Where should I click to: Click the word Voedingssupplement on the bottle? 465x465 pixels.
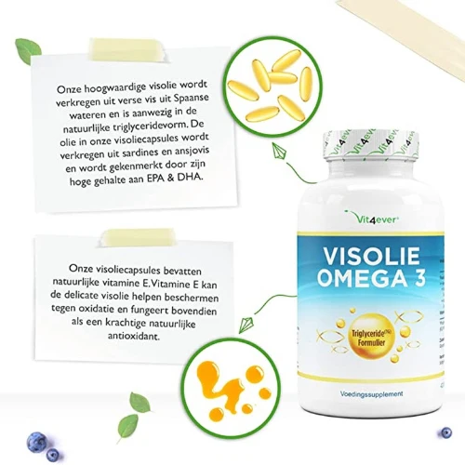(371, 394)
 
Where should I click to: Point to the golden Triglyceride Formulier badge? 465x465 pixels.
(368, 337)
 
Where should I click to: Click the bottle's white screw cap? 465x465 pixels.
(371, 146)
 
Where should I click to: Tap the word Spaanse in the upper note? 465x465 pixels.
(191, 99)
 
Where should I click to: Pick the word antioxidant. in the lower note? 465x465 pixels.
(134, 336)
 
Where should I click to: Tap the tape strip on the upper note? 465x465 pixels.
(128, 48)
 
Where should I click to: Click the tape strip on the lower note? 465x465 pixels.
(138, 237)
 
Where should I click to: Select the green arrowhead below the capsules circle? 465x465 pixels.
(279, 151)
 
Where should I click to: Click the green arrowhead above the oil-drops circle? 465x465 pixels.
(246, 324)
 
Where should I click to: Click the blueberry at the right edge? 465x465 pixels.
(446, 432)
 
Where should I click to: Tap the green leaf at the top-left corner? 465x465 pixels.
(28, 50)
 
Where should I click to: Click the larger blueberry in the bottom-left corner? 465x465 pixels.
(37, 442)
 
